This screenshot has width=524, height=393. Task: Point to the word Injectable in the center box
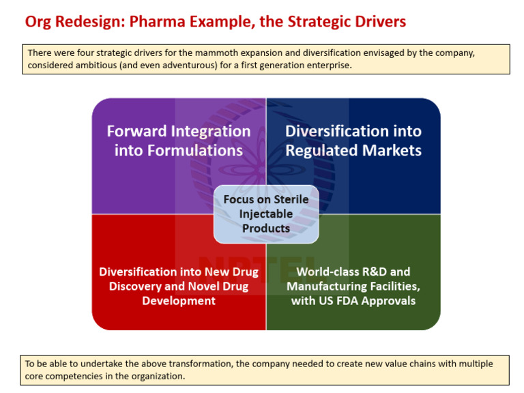click(266, 214)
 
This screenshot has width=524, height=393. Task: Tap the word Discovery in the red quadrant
click(132, 287)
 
